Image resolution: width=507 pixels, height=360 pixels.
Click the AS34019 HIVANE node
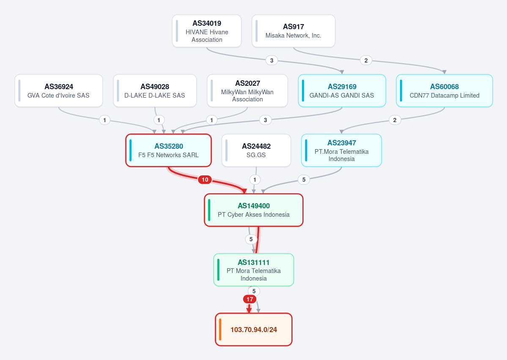click(x=207, y=31)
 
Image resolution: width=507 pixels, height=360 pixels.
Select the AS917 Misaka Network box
click(x=293, y=31)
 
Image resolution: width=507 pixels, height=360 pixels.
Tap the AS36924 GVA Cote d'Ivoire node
click(x=58, y=91)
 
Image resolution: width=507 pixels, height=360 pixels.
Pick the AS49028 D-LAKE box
click(x=155, y=91)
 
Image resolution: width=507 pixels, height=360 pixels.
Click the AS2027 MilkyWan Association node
click(x=247, y=91)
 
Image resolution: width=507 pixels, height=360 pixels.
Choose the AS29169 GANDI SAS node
click(x=342, y=91)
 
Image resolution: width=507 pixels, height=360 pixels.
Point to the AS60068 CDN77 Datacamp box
click(x=444, y=91)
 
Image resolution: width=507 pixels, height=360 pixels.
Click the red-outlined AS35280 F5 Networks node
click(x=168, y=150)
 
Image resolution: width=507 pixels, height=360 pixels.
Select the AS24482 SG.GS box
click(x=256, y=150)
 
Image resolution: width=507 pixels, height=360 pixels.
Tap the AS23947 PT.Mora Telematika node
click(x=341, y=150)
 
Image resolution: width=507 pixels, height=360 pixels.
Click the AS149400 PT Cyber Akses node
click(x=254, y=210)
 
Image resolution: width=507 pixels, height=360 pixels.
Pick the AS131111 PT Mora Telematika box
click(x=254, y=270)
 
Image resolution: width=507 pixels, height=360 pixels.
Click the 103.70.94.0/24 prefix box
click(x=254, y=330)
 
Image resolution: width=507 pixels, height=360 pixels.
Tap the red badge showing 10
click(x=205, y=180)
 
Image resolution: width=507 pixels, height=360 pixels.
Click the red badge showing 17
click(x=249, y=299)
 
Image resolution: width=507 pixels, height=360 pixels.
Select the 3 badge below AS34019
click(x=271, y=60)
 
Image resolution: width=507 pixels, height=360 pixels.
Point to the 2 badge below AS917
click(x=366, y=60)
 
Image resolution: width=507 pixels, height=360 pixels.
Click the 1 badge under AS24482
click(x=255, y=180)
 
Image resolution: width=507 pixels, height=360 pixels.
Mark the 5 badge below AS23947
click(x=304, y=180)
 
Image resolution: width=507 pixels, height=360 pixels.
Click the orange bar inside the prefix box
click(x=220, y=330)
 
